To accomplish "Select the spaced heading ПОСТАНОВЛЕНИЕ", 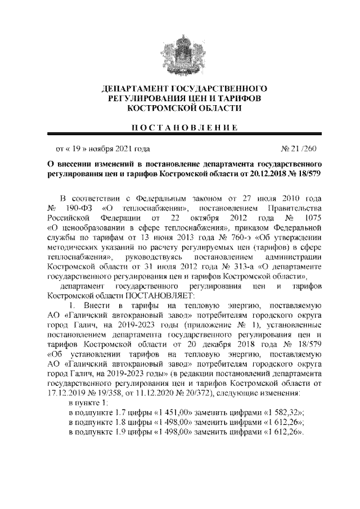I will click(179, 127).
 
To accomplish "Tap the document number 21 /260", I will click(299, 149).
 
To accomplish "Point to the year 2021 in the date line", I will click(124, 149).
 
